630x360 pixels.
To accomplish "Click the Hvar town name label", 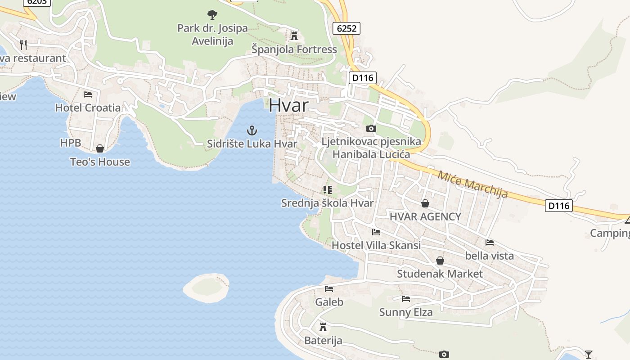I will coord(289,105).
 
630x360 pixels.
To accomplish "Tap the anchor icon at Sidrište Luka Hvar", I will coord(252,131).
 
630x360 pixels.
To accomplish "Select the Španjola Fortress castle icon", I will coord(294,36).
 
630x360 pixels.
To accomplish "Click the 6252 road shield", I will coord(346,28).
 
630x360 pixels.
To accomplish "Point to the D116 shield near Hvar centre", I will coord(363,77).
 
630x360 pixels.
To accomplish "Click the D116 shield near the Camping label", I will coord(559,206).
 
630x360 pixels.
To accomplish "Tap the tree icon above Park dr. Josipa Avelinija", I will coord(212,15).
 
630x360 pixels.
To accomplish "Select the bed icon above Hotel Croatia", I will coord(88,94).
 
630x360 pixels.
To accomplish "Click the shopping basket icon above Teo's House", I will coord(100,148).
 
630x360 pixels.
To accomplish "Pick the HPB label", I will coord(71,143).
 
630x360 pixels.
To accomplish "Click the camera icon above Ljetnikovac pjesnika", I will coord(371,129).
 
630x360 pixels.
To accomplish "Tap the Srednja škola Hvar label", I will coord(327,203).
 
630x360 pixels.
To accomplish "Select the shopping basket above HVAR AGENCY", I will coord(425,203).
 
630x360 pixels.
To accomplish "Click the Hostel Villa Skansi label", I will coord(376,245).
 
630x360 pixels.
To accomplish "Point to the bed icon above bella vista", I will coord(490,243).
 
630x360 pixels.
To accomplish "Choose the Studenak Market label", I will coord(440,274).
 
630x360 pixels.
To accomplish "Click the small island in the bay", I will coord(206,288).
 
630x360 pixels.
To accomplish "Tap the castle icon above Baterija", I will coord(323,327).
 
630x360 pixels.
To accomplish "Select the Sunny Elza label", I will coord(406,312).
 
